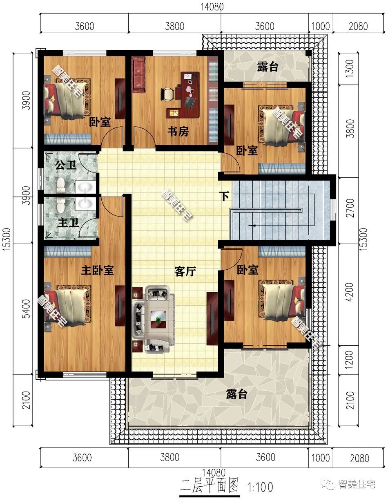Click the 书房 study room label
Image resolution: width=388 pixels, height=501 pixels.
[178, 132]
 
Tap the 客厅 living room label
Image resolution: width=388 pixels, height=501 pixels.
[185, 271]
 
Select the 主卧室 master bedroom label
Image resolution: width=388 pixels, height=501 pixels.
[98, 270]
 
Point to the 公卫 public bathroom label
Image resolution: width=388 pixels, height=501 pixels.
[66, 165]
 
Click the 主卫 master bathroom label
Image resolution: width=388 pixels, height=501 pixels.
[68, 223]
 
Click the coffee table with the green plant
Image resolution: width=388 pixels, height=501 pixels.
[158, 320]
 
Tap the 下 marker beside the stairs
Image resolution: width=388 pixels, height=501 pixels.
[225, 196]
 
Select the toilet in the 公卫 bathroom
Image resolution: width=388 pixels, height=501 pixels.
[61, 185]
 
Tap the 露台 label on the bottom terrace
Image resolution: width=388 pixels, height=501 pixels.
[236, 394]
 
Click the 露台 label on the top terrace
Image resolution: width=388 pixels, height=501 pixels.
[268, 67]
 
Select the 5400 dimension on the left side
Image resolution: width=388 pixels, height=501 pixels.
[27, 309]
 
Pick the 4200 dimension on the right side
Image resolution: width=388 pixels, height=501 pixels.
[350, 292]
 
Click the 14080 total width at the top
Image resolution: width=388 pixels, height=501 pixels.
[212, 7]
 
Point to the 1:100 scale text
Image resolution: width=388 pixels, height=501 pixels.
[260, 487]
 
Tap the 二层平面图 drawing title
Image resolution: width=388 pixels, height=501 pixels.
[209, 485]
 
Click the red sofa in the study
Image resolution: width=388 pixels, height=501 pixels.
[138, 75]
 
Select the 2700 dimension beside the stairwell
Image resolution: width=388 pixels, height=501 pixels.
[350, 208]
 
